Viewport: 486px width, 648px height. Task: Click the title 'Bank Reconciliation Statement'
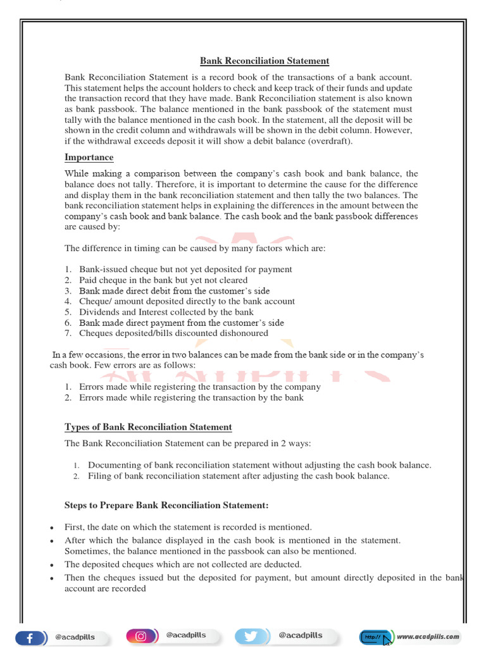click(265, 61)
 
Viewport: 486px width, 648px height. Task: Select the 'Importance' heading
click(89, 157)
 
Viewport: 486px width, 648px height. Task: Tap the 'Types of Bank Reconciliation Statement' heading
click(148, 427)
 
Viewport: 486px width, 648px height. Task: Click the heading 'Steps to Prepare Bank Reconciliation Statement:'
click(166, 505)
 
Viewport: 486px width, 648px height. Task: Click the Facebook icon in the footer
click(30, 636)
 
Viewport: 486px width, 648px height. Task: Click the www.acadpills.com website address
click(428, 636)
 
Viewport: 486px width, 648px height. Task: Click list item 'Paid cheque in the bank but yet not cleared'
click(163, 280)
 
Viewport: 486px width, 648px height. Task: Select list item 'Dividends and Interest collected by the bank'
click(166, 312)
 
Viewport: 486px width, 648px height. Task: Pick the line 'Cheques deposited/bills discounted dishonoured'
click(173, 333)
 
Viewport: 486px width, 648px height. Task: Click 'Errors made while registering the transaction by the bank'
click(191, 397)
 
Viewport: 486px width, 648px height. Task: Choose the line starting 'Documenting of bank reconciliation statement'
click(259, 465)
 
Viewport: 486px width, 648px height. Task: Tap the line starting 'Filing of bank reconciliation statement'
click(239, 476)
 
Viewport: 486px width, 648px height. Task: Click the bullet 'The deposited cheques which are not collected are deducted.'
click(183, 564)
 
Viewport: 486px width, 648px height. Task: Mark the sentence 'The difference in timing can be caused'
click(195, 248)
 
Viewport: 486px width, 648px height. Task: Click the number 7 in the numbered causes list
click(67, 333)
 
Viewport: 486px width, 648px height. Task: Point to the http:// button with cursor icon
click(376, 636)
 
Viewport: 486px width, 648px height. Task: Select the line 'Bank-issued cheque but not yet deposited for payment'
click(185, 269)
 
